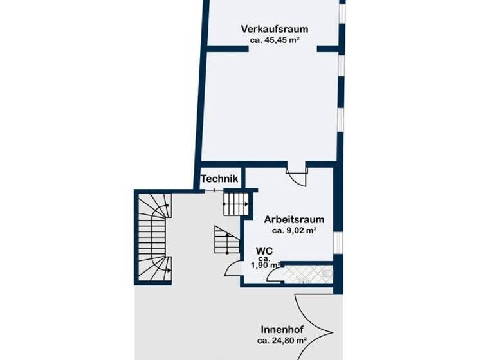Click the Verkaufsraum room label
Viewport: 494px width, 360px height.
(x=274, y=29)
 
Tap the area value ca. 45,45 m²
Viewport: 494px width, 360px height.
(x=275, y=40)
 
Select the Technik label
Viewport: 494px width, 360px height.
(x=219, y=179)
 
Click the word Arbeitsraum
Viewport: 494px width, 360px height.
(x=294, y=219)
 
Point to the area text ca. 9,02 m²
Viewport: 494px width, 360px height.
(x=294, y=230)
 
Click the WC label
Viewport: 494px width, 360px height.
(x=264, y=250)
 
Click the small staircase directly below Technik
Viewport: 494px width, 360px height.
(x=235, y=204)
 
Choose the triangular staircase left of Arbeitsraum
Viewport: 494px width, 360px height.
(x=225, y=241)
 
